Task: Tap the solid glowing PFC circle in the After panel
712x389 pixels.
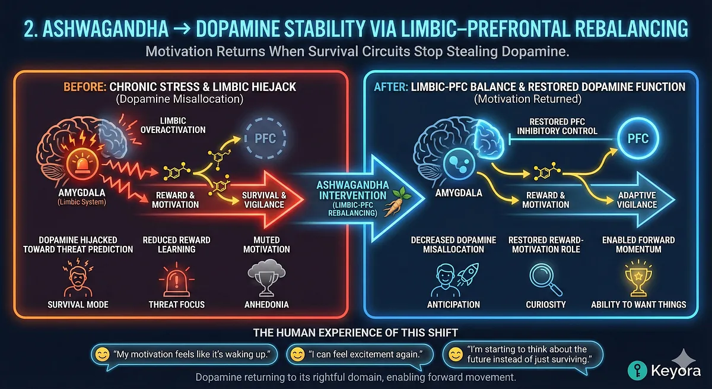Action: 638,140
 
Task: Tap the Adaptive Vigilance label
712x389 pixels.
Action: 638,199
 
